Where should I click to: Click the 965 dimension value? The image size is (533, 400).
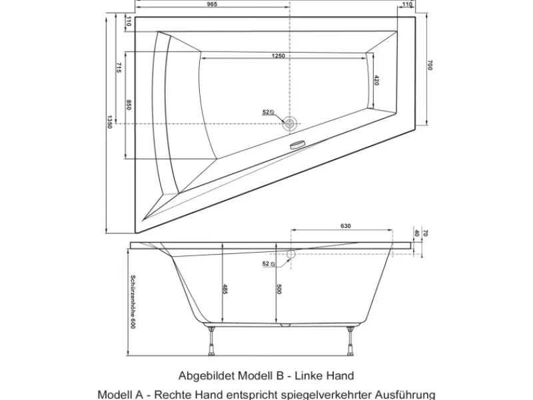(212, 4)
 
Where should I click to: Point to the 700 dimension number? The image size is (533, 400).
(430, 65)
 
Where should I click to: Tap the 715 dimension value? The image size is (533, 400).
(118, 68)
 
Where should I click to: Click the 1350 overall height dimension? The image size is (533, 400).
(109, 122)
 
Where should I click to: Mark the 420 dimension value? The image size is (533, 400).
(376, 80)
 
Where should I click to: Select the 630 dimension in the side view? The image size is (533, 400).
(346, 226)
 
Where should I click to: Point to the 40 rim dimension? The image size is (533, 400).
(416, 233)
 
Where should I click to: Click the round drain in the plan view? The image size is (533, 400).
(290, 123)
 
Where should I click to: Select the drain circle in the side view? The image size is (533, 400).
(290, 254)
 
